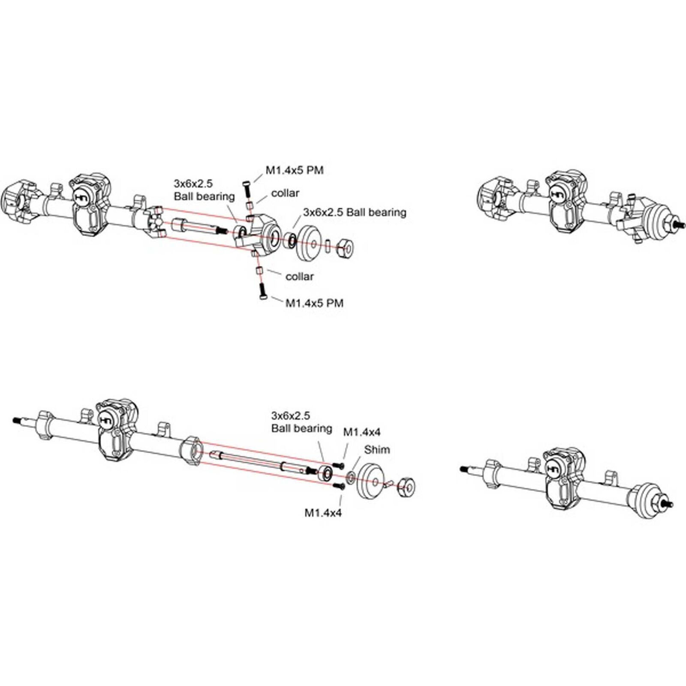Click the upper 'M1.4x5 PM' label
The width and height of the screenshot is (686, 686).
295,170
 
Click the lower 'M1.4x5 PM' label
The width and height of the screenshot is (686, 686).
314,303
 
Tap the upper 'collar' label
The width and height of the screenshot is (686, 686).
285,193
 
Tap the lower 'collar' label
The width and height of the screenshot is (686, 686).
299,277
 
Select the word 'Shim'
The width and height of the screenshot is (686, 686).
377,450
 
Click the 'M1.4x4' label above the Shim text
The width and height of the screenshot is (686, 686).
361,432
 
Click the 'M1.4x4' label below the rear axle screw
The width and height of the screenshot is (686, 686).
323,513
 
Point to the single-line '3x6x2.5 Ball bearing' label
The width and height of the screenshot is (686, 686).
355,212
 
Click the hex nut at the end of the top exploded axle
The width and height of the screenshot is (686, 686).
345,247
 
